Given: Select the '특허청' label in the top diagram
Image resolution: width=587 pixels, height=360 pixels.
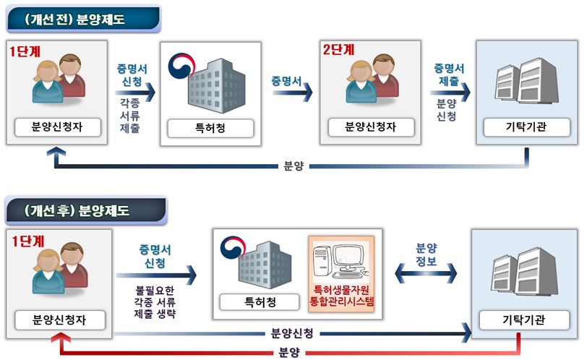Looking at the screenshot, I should [x=211, y=128].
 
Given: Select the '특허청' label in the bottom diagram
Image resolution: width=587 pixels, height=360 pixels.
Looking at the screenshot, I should [x=257, y=301].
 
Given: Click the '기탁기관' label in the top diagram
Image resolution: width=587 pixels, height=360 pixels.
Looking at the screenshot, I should [x=525, y=128].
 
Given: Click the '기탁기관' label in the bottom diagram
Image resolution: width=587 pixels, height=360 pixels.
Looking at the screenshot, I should [x=525, y=319].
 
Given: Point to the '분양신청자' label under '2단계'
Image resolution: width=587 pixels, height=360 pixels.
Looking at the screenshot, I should [x=371, y=127].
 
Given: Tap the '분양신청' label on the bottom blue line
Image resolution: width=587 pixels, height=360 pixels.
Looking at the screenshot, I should [x=291, y=333].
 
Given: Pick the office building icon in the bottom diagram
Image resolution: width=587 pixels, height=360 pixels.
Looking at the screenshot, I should [x=257, y=260].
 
